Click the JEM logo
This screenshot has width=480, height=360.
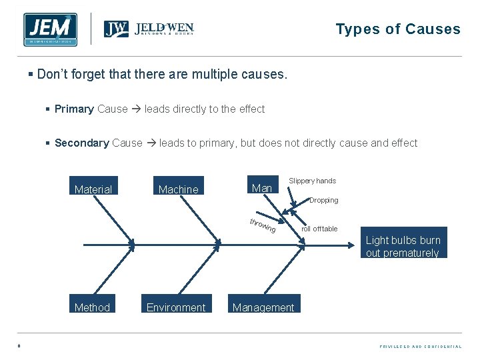pyautogui.click(x=50, y=30)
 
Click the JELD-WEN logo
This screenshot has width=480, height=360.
pyautogui.click(x=149, y=29)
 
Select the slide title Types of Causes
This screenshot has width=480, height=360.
pyautogui.click(x=398, y=29)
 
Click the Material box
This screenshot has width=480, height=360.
pyautogui.click(x=93, y=189)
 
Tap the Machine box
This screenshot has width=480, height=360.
pyautogui.click(x=178, y=189)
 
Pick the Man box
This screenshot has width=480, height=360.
pyautogui.click(x=262, y=188)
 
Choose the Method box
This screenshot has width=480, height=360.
pyautogui.click(x=93, y=307)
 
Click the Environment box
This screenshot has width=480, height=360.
pyautogui.click(x=176, y=307)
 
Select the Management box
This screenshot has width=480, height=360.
pyautogui.click(x=263, y=307)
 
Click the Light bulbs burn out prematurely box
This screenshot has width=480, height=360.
pyautogui.click(x=403, y=246)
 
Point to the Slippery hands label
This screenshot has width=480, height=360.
pyautogui.click(x=312, y=181)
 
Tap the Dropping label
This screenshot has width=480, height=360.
pyautogui.click(x=324, y=200)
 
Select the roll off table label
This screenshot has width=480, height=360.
pyautogui.click(x=319, y=229)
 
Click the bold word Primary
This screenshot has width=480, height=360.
pyautogui.click(x=74, y=109)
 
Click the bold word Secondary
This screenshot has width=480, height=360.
pyautogui.click(x=82, y=143)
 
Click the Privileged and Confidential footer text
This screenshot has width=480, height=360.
pyautogui.click(x=420, y=347)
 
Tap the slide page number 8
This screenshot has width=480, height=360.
pyautogui.click(x=19, y=346)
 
